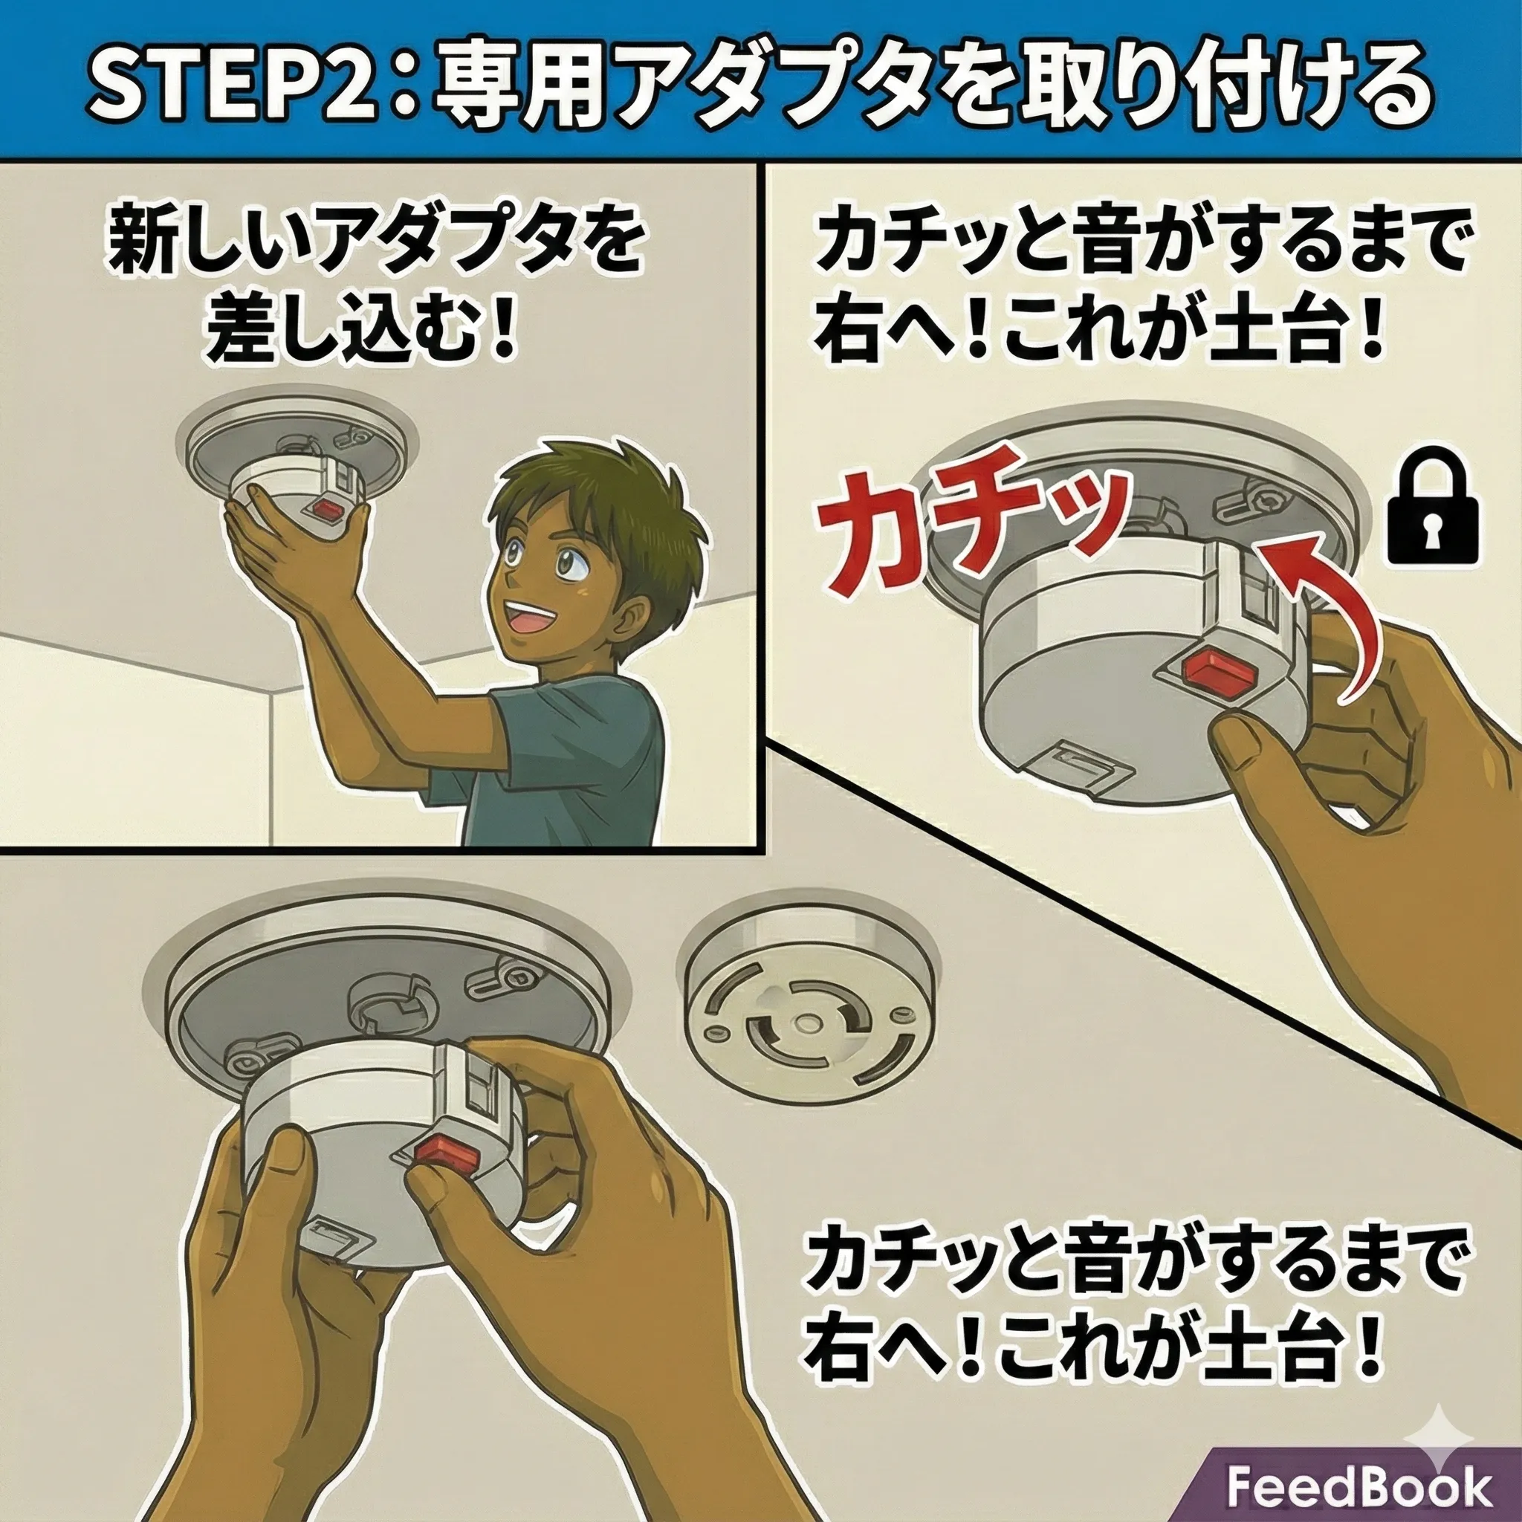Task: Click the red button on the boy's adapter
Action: coord(325,512)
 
